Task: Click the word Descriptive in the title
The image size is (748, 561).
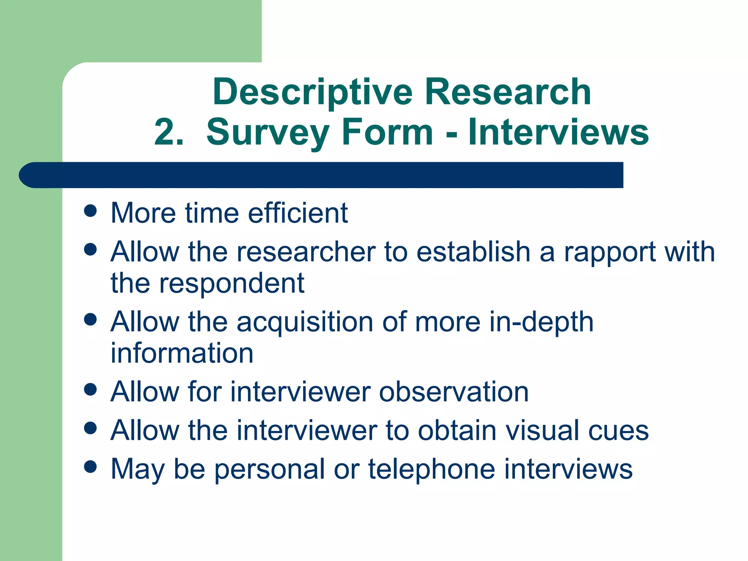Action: pos(313,92)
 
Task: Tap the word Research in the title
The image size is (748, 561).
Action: pos(508,92)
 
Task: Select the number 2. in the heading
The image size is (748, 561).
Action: pos(169,132)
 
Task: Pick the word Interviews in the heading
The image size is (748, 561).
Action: pos(558,132)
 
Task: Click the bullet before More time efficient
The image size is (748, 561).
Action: pos(90,211)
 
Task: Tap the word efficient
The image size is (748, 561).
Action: pos(298,213)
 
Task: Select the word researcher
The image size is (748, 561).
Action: pos(306,252)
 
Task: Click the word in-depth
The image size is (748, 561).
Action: pos(541,323)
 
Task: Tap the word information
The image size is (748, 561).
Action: pos(182,353)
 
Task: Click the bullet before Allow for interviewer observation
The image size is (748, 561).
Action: pos(90,389)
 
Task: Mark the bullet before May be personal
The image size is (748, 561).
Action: pos(90,466)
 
